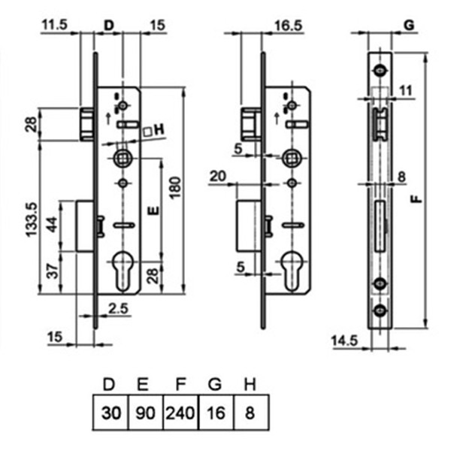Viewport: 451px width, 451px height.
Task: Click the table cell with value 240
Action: click(180, 413)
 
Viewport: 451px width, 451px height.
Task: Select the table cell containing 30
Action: click(111, 413)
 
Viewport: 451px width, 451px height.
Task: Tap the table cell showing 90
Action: click(146, 413)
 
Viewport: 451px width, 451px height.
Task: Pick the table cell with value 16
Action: click(216, 413)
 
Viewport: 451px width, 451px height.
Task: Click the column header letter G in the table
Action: click(215, 384)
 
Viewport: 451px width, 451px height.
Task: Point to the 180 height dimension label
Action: click(174, 188)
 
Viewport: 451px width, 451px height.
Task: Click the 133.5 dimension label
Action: click(32, 219)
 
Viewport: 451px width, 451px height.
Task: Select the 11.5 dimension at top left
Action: click(55, 25)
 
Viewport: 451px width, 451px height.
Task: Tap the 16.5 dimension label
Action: click(289, 26)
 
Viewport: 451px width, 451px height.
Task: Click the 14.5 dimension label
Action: click(344, 341)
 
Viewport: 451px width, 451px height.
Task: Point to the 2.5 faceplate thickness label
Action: click(118, 309)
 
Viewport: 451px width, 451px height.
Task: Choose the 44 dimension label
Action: click(53, 225)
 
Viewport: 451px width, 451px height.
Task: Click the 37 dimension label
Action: click(53, 271)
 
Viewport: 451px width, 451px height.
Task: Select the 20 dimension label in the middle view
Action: click(218, 176)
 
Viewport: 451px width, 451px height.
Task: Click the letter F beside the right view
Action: click(416, 199)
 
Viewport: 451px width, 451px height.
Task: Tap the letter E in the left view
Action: click(153, 210)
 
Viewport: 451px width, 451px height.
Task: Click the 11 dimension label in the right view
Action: click(406, 91)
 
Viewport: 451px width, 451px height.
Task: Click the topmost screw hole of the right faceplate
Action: click(380, 70)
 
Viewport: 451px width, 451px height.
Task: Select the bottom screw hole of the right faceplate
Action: click(380, 310)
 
